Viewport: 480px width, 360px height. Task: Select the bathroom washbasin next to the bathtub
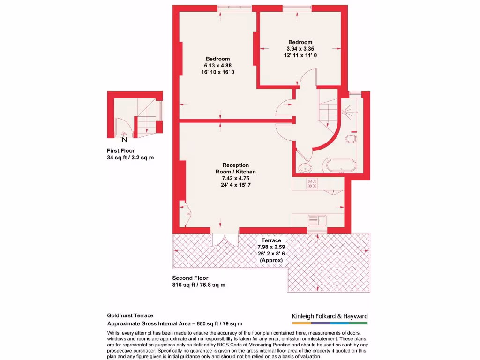[x=305, y=167]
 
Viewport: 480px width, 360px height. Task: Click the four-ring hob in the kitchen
[x=312, y=183]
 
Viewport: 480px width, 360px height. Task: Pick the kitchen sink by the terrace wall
[x=317, y=219]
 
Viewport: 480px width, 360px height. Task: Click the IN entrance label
[x=124, y=140]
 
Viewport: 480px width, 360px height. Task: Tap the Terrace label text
[x=271, y=240]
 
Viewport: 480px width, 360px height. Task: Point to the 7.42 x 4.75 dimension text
[x=235, y=178]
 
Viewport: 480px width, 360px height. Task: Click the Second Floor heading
[x=190, y=278]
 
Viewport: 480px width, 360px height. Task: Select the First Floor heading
[x=121, y=151]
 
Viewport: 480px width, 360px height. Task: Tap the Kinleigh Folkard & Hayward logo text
[x=330, y=316]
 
